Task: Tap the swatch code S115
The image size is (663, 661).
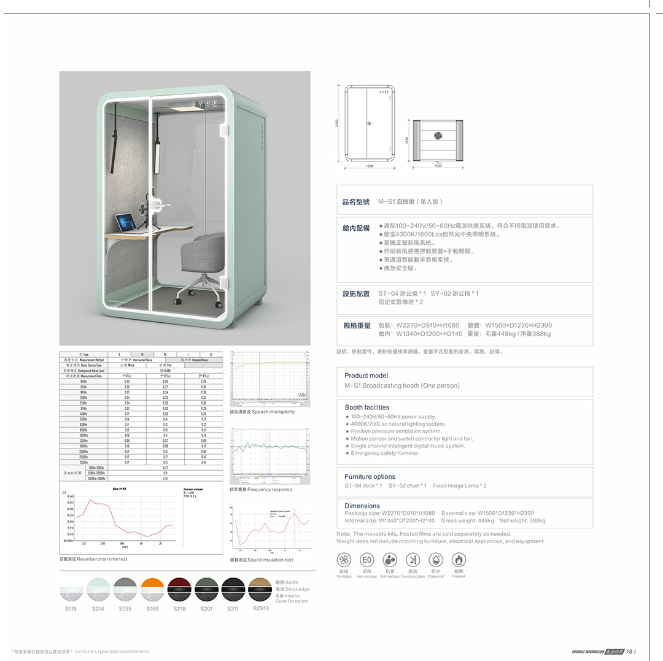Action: (71, 609)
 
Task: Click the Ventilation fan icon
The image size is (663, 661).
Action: (344, 560)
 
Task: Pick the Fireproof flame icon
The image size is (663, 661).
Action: (459, 560)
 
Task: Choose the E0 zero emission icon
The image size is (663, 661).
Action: (366, 560)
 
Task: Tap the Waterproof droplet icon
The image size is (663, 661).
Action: (436, 560)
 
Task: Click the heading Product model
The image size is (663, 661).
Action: (366, 376)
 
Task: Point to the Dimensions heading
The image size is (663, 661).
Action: (362, 506)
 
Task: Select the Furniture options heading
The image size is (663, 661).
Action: (370, 477)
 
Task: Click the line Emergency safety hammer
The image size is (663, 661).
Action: (385, 454)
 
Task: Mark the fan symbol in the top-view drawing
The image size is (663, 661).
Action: (438, 136)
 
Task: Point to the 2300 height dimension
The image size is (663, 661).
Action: (337, 123)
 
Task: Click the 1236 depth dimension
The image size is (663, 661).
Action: (406, 140)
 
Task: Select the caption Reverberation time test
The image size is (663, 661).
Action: (93, 560)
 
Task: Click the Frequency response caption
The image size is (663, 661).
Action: (261, 490)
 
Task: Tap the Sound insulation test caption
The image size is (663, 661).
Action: (262, 560)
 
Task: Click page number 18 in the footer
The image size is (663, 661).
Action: (629, 652)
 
